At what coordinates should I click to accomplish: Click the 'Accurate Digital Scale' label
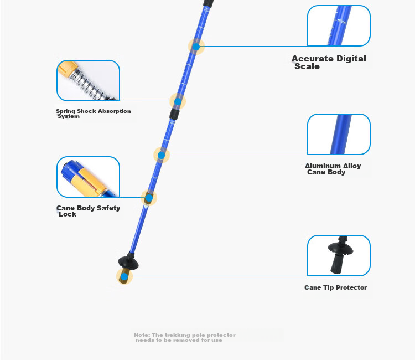[329, 62]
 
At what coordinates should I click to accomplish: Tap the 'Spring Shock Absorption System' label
[93, 114]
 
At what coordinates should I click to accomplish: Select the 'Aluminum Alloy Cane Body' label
[333, 169]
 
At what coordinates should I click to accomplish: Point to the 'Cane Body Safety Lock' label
[88, 211]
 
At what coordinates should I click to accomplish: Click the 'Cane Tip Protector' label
[335, 287]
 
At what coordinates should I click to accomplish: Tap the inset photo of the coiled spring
[88, 80]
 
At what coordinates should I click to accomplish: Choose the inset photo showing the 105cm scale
[339, 25]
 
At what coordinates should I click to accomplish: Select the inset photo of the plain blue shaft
[339, 134]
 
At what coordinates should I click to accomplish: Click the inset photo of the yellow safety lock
[88, 177]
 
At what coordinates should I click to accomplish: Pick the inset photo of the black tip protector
[339, 255]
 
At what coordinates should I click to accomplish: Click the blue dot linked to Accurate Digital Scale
[196, 47]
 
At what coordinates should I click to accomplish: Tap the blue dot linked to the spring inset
[178, 101]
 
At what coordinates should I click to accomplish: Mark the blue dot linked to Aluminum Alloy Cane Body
[161, 155]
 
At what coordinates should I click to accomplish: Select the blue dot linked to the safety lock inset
[149, 198]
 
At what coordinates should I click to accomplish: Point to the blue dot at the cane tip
[124, 277]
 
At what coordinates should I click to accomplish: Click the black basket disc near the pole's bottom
[128, 263]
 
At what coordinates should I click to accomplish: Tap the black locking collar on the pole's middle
[174, 114]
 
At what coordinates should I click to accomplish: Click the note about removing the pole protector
[184, 337]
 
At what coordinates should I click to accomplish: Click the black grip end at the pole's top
[208, 3]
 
